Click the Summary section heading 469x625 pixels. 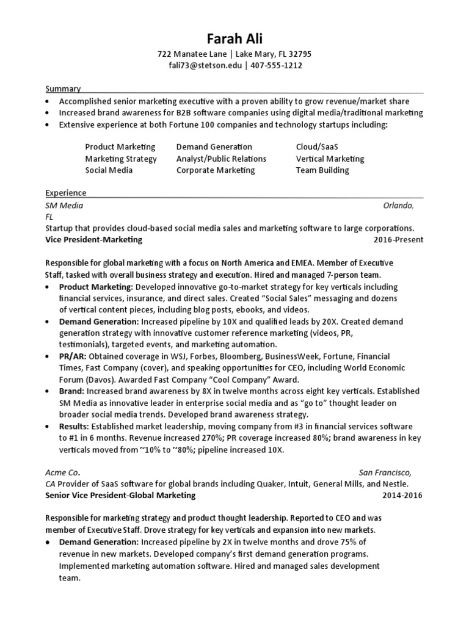click(x=63, y=89)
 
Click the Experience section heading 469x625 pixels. click(x=66, y=193)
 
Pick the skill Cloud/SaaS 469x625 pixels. click(x=316, y=147)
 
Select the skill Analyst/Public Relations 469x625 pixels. click(x=221, y=159)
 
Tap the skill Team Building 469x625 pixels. click(x=322, y=170)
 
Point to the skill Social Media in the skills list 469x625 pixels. click(x=109, y=170)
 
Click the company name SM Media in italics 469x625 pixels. click(x=64, y=206)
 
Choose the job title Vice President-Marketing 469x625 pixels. click(x=94, y=240)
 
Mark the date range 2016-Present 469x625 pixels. click(x=398, y=240)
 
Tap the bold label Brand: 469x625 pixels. click(x=71, y=391)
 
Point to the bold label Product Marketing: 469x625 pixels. click(x=96, y=286)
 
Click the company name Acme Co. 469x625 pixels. click(x=63, y=472)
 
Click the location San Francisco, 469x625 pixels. click(x=385, y=472)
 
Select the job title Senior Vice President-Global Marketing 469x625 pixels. click(x=121, y=495)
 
